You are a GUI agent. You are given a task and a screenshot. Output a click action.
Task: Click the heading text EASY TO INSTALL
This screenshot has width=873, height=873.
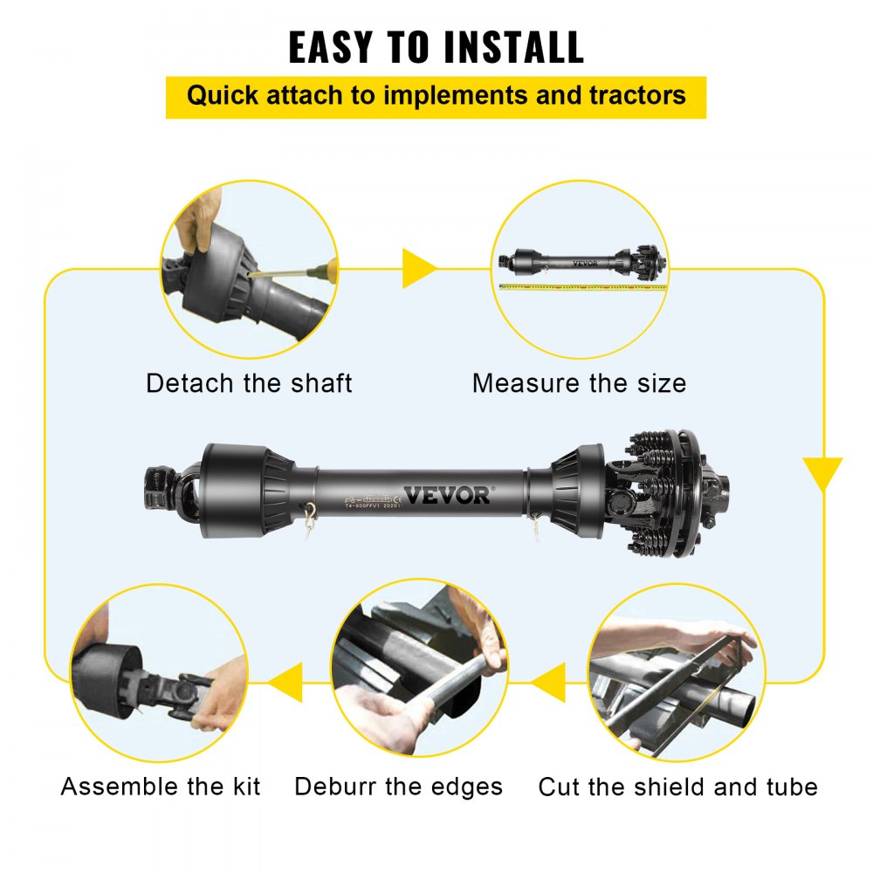pyautogui.click(x=436, y=47)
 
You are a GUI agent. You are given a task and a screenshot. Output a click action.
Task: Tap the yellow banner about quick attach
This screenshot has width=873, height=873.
pyautogui.click(x=436, y=96)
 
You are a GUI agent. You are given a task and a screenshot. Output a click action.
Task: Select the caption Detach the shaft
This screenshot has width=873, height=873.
pyautogui.click(x=249, y=383)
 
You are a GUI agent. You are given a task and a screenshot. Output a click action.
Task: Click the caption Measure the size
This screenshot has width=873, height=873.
pyautogui.click(x=579, y=383)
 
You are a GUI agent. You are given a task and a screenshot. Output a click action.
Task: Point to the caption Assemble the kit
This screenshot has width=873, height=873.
pyautogui.click(x=161, y=787)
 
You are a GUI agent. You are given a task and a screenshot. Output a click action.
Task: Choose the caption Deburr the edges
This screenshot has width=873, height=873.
pyautogui.click(x=398, y=787)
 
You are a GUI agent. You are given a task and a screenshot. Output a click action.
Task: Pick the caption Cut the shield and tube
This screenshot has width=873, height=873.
pyautogui.click(x=677, y=787)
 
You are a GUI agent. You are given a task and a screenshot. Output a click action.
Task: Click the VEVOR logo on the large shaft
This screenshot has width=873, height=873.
pyautogui.click(x=447, y=494)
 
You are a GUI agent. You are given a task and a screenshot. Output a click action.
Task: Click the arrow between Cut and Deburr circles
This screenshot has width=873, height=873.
pyautogui.click(x=548, y=682)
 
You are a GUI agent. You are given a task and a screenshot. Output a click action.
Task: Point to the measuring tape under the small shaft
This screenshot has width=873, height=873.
pyautogui.click(x=581, y=285)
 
